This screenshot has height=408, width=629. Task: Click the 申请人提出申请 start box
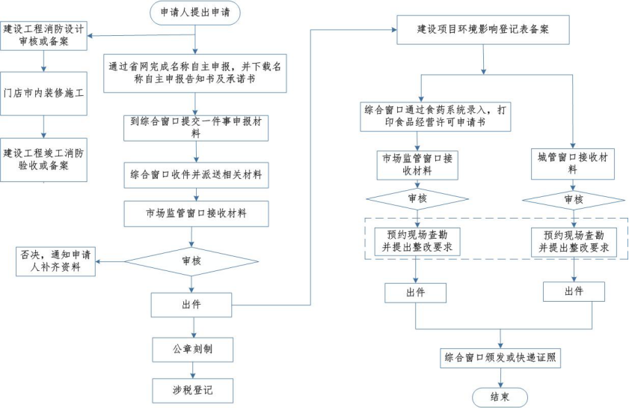[x=196, y=13]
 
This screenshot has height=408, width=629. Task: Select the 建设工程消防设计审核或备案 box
[x=44, y=34]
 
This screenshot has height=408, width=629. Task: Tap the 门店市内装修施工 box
[x=44, y=94]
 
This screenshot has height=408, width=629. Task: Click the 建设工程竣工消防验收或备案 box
[x=44, y=159]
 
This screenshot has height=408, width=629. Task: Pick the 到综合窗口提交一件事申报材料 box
[x=196, y=126]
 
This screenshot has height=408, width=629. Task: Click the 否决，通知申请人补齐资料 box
[x=57, y=260]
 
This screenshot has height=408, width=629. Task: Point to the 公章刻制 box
[x=191, y=350]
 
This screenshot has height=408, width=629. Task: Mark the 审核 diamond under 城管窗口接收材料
[x=573, y=200]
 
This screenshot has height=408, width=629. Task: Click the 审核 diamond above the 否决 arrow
[x=191, y=261]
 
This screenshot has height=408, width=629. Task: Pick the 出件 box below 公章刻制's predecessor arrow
[x=191, y=304]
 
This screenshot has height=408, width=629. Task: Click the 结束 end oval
[x=500, y=397]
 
